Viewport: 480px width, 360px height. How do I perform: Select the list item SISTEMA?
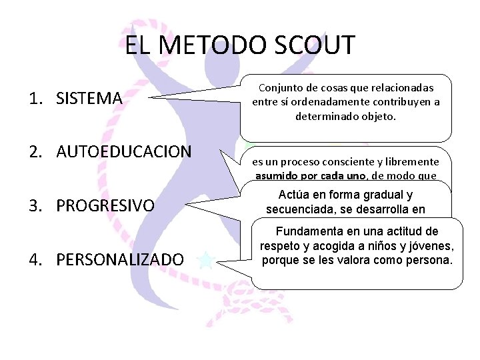point(89,99)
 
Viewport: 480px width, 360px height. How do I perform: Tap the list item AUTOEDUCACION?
point(124,152)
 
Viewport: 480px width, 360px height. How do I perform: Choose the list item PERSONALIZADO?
point(120,259)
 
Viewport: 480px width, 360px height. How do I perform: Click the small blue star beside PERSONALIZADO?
point(207,259)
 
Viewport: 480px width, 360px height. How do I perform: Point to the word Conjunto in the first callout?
point(278,88)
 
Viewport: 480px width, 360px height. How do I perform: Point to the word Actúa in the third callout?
point(291,195)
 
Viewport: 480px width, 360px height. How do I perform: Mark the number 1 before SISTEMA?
point(33,99)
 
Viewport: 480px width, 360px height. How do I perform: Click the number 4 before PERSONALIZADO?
point(33,259)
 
